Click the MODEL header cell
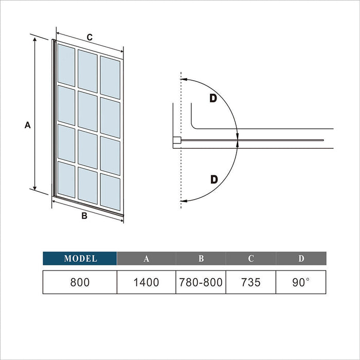[x=80, y=259]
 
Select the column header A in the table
[x=147, y=259]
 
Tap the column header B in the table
[x=201, y=259]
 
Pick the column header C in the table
[x=251, y=259]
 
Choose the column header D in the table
[x=301, y=259]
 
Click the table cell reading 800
[x=80, y=282]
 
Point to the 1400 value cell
[x=147, y=282]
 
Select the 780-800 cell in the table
[x=201, y=282]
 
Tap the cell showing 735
[x=251, y=282]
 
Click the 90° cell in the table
[x=301, y=282]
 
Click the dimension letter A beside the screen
[x=28, y=125]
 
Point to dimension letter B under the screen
[x=84, y=216]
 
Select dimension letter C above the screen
[x=89, y=37]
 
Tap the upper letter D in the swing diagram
[x=213, y=98]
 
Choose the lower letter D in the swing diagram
[x=214, y=179]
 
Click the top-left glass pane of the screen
[x=66, y=64]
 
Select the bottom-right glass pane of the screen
[x=111, y=192]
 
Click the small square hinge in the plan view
[x=176, y=139]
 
